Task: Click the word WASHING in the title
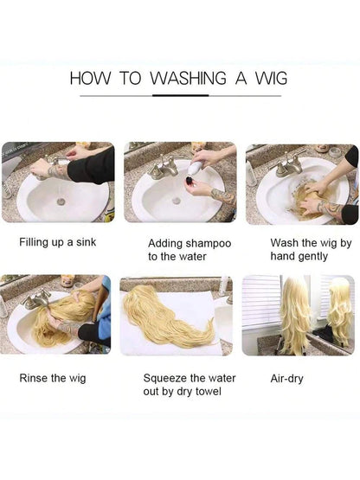coord(188,78)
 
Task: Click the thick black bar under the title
coord(181,95)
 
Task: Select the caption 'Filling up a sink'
coord(58,242)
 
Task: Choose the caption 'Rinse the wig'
coord(53,378)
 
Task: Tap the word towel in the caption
coord(209,391)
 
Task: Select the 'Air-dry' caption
coord(286,379)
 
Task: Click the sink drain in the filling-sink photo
coord(61,202)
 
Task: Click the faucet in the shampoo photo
coord(164,169)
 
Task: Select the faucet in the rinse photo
coord(36,300)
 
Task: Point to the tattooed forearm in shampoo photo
coord(223,196)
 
